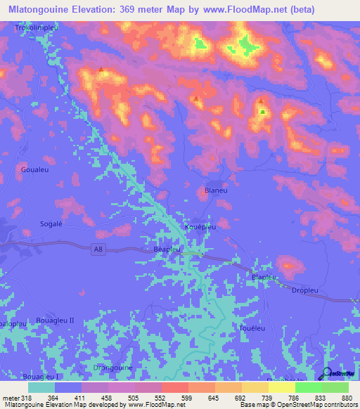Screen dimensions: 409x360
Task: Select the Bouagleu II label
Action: pyautogui.click(x=55, y=320)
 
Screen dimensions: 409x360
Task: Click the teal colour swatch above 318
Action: pyautogui.click(x=41, y=387)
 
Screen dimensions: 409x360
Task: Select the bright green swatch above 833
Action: pyautogui.click(x=309, y=387)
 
